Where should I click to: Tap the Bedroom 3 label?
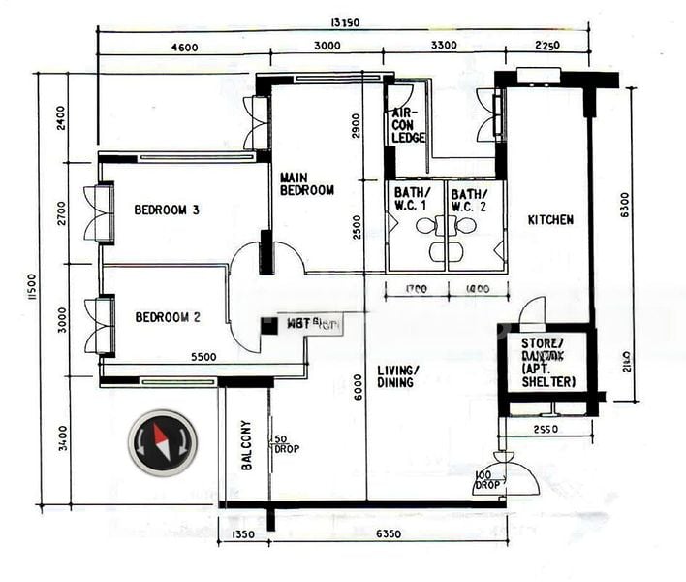167,210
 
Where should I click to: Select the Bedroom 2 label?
167,316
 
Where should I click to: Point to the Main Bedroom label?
306,184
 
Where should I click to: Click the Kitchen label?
549,220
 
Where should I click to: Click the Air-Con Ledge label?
408,125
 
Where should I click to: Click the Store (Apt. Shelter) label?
547,362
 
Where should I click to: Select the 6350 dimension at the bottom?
388,534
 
